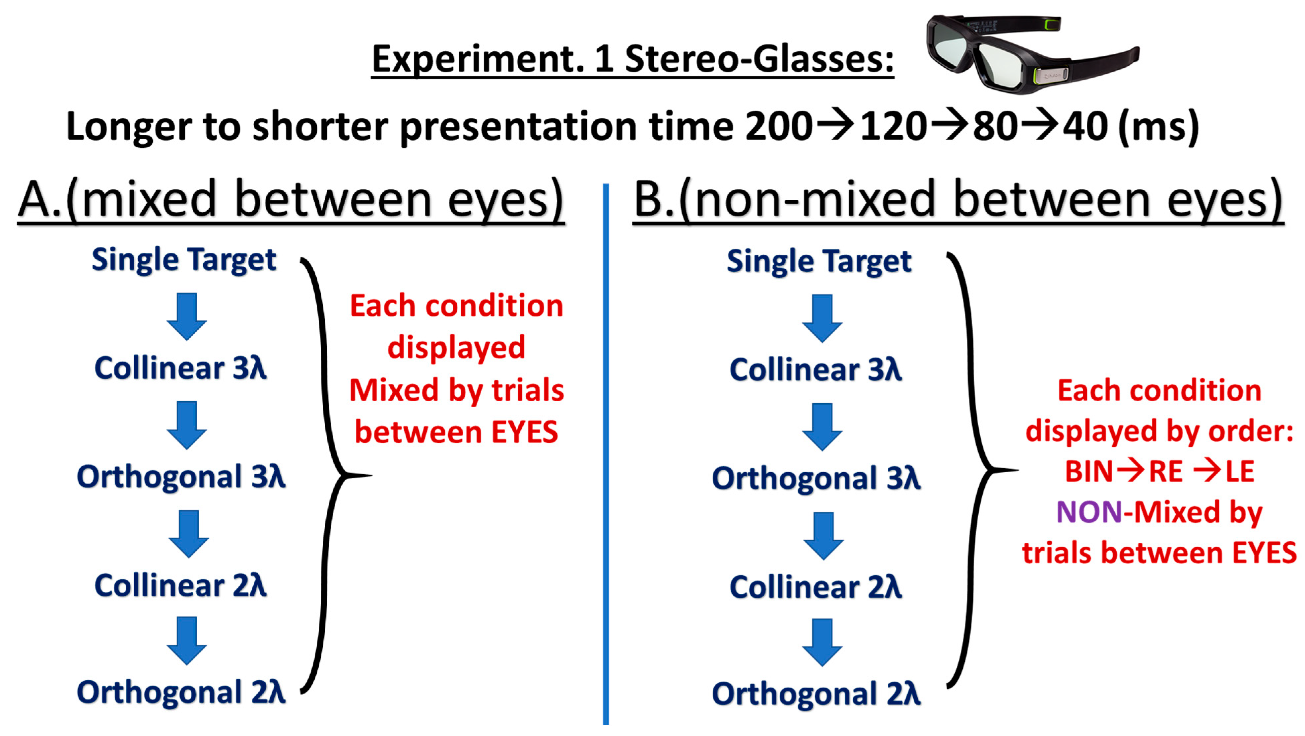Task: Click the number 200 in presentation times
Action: pyautogui.click(x=779, y=127)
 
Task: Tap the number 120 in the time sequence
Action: pyautogui.click(x=893, y=127)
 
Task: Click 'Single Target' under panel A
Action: pyautogui.click(x=184, y=260)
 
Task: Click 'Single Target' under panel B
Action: pyautogui.click(x=819, y=262)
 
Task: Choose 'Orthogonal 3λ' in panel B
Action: pyautogui.click(x=816, y=478)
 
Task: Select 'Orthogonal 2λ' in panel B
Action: pyautogui.click(x=816, y=694)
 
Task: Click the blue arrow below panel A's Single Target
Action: pyautogui.click(x=187, y=316)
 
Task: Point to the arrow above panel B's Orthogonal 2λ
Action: pyautogui.click(x=822, y=642)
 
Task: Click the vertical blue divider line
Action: pyautogui.click(x=606, y=456)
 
